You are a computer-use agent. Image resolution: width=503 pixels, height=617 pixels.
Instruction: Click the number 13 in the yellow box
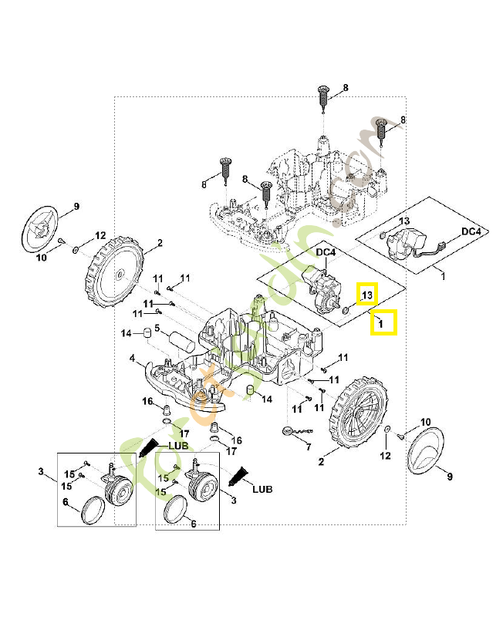[x=367, y=295]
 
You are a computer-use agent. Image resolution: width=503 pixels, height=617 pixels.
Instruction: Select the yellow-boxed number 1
[x=383, y=322]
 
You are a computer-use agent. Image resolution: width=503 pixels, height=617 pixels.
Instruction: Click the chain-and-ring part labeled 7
[x=292, y=431]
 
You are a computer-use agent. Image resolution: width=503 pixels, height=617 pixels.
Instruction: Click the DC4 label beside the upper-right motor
[x=471, y=231]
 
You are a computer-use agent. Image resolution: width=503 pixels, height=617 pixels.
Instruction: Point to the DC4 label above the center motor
[x=326, y=252]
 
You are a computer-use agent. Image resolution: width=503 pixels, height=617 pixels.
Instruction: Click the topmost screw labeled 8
[x=323, y=99]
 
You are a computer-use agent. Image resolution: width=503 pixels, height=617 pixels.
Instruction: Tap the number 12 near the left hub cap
[x=100, y=235]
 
